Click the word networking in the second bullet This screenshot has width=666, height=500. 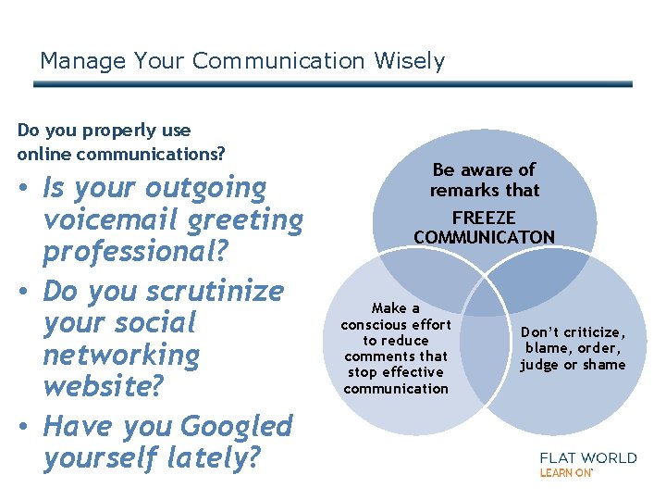coord(121,355)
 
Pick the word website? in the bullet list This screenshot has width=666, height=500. coord(103,386)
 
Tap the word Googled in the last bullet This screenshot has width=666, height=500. coord(237,426)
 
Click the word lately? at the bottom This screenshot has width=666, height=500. coord(213,457)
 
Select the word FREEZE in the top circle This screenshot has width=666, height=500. coord(484,219)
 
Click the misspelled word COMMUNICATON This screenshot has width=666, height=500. coord(484,237)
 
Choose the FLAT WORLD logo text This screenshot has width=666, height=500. coord(587,457)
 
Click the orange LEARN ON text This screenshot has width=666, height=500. coord(566,472)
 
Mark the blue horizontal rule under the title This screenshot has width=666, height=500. coord(333,83)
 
